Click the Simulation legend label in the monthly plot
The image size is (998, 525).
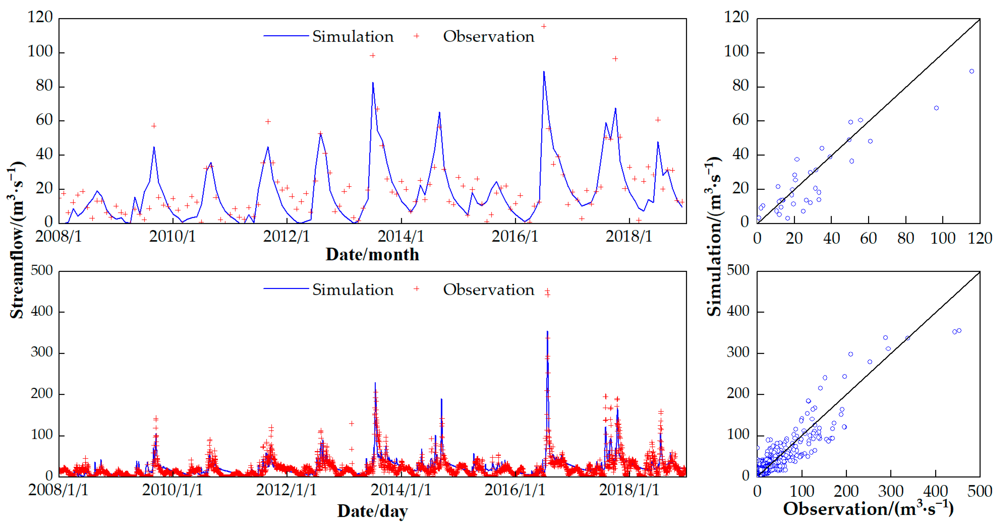pos(353,36)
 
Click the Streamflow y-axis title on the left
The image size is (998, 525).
pos(16,240)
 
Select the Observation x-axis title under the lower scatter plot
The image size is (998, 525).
pos(868,508)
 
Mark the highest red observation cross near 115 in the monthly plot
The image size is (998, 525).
pos(544,26)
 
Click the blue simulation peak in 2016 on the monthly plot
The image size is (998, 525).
pos(544,72)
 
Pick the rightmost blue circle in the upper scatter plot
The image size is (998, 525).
pos(971,71)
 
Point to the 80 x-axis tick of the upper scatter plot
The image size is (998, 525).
pos(905,238)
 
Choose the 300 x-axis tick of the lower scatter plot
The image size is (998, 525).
pos(891,491)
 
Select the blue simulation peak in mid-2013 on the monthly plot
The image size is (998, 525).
pos(373,83)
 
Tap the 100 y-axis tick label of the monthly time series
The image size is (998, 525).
pos(40,51)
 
